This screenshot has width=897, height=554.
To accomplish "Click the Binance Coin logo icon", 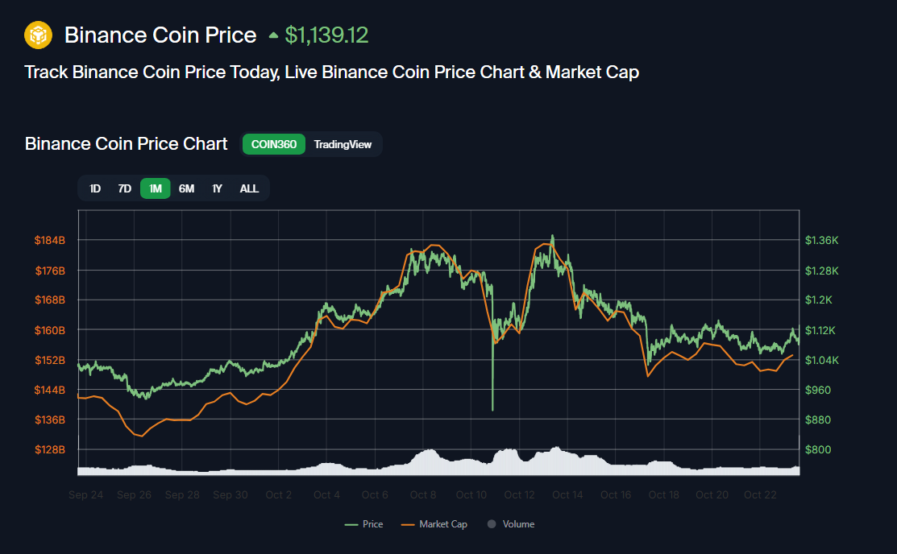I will [38, 35].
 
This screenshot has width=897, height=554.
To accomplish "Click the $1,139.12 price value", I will [326, 35].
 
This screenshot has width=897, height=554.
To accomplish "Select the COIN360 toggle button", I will [274, 144].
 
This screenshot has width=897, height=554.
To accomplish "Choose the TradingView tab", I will [343, 144].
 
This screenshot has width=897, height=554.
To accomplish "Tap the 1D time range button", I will [95, 188].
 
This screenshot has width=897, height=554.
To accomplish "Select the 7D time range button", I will [124, 188].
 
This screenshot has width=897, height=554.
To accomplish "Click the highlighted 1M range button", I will [156, 188].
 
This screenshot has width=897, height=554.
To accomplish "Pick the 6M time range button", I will [186, 188].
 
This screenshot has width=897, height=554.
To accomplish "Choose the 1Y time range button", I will [217, 188].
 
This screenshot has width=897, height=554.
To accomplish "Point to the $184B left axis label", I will [49, 241].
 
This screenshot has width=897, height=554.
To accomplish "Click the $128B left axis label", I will [49, 449].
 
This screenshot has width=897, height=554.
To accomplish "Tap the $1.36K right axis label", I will [821, 241].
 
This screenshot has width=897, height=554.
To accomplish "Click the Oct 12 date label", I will [519, 494].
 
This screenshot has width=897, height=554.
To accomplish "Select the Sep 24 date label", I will [86, 494].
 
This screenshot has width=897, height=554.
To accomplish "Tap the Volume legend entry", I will [517, 524].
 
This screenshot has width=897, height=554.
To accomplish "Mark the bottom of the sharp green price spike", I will [492, 410].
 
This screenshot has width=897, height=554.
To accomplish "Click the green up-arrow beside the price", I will [273, 35].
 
